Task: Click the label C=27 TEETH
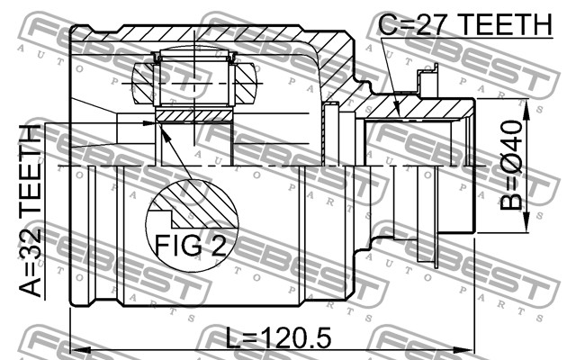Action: click(x=465, y=24)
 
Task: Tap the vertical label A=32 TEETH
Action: click(x=30, y=211)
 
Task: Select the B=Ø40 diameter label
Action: click(x=511, y=166)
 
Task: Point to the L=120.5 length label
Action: click(x=278, y=337)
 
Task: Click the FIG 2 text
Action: click(x=191, y=245)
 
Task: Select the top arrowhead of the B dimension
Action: click(x=526, y=110)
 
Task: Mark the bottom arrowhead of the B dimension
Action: click(x=526, y=222)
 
